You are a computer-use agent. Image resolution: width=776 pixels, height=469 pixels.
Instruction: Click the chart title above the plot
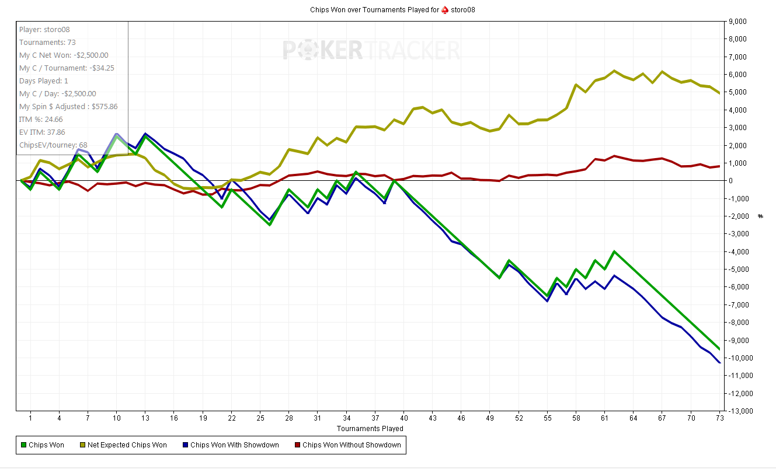[x=387, y=10]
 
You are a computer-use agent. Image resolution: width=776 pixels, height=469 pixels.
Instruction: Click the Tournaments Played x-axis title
[x=370, y=428]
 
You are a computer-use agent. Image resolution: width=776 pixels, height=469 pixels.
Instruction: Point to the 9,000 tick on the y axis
[x=737, y=22]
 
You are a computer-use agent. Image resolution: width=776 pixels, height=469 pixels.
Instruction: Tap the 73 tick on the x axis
[x=720, y=418]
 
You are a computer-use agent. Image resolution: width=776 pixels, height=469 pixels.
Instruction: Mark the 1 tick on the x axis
[x=30, y=418]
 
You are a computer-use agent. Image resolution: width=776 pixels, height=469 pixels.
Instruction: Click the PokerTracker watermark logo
[x=371, y=50]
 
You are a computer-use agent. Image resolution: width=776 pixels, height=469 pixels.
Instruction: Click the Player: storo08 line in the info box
[x=44, y=29]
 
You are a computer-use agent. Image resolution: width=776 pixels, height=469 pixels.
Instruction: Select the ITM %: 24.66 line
[x=41, y=119]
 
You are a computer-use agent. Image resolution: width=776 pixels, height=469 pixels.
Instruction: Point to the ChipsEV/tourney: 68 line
[x=53, y=145]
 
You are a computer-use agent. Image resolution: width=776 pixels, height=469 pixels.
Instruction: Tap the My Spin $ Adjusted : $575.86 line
[x=68, y=106]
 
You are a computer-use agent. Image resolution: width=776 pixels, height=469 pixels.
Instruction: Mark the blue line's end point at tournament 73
[x=719, y=363]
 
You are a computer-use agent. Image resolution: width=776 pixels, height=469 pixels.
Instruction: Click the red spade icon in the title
[x=444, y=10]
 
